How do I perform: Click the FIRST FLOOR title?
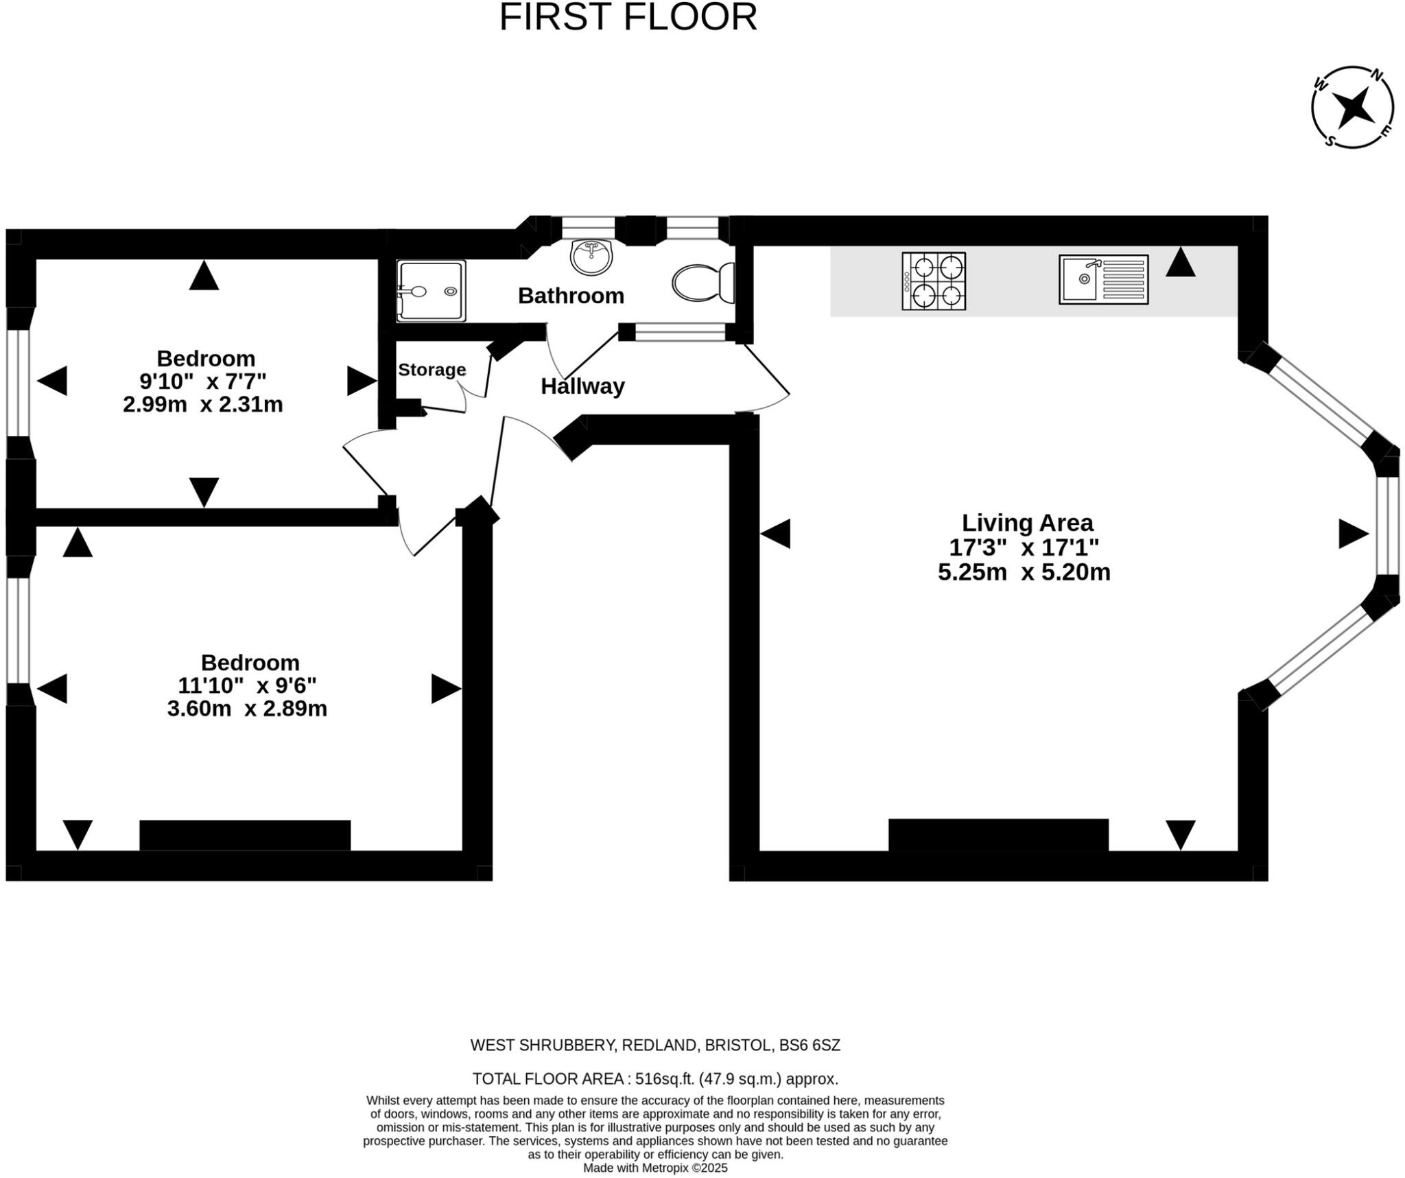(628, 18)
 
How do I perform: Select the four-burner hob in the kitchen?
(933, 281)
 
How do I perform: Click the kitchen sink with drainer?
(1102, 279)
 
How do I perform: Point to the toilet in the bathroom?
(703, 282)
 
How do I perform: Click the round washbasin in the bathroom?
(591, 257)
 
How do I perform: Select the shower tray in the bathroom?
(431, 290)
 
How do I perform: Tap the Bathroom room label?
(571, 296)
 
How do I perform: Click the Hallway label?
(582, 386)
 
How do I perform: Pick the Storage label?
(432, 370)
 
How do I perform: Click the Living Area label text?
(1026, 523)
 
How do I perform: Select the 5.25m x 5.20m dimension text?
(1024, 572)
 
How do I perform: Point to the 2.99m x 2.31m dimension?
(203, 404)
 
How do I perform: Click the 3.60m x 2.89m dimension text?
(247, 708)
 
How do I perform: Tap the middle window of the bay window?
(1386, 526)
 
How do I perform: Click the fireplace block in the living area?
(997, 834)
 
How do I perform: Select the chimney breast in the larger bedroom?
(245, 835)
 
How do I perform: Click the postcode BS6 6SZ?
(810, 1045)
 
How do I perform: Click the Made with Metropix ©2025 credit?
(655, 1168)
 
